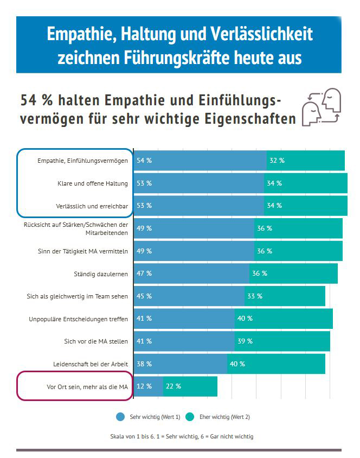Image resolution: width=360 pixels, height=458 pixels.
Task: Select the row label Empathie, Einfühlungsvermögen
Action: [82, 161]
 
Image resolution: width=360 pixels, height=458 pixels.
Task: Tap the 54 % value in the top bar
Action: [144, 161]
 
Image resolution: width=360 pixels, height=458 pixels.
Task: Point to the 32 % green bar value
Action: [277, 161]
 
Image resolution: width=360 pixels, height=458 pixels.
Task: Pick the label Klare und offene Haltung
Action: [93, 183]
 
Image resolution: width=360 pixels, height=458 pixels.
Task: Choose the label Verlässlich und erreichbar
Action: [92, 206]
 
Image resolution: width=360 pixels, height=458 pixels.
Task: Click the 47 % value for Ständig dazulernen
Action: [144, 273]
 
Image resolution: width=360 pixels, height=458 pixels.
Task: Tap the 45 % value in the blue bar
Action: [144, 296]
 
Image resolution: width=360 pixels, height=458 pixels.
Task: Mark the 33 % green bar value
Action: [255, 296]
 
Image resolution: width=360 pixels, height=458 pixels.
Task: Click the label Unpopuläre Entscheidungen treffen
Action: [79, 319]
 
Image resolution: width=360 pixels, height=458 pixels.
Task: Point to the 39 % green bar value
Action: [245, 341]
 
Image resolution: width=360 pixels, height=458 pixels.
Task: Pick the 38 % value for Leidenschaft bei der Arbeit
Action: [144, 364]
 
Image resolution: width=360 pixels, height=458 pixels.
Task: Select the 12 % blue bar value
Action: [144, 386]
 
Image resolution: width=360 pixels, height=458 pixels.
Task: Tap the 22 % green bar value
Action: [173, 386]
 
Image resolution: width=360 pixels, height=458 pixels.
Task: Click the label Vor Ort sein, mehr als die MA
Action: [87, 386]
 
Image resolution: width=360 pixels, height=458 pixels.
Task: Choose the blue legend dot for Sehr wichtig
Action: [120, 417]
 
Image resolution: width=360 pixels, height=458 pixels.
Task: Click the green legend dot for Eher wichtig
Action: [190, 417]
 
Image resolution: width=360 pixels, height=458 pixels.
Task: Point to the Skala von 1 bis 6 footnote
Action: [181, 436]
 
